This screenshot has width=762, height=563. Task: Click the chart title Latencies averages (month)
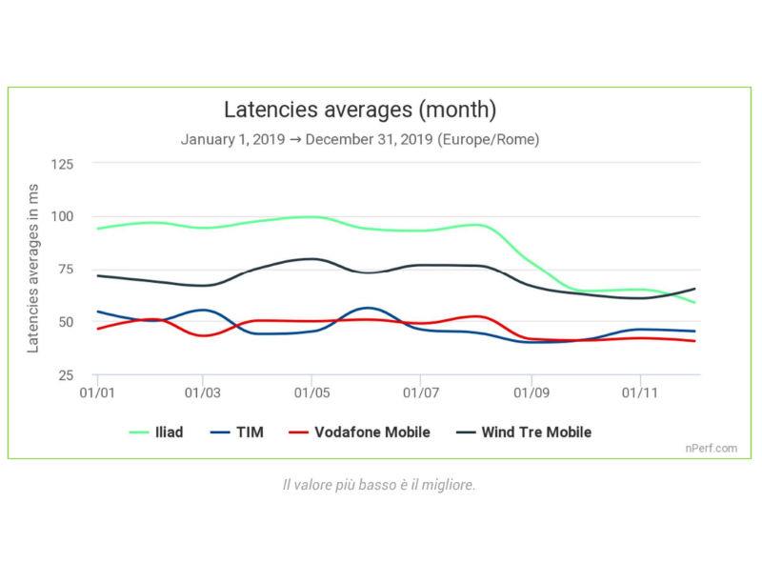pos(360,110)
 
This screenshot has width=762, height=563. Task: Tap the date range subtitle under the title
pos(360,139)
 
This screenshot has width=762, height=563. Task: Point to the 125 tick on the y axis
pos(62,164)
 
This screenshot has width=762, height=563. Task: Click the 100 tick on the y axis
pos(62,216)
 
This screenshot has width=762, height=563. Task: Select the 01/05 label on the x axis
pos(311,392)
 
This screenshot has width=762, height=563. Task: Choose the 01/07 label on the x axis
pos(421,392)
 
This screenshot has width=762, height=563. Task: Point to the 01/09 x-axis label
pos(531,392)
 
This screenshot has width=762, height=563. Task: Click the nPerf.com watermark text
pos(711,447)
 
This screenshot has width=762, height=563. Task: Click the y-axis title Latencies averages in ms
pos(33,269)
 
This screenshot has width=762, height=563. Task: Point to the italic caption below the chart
pos(379,485)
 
